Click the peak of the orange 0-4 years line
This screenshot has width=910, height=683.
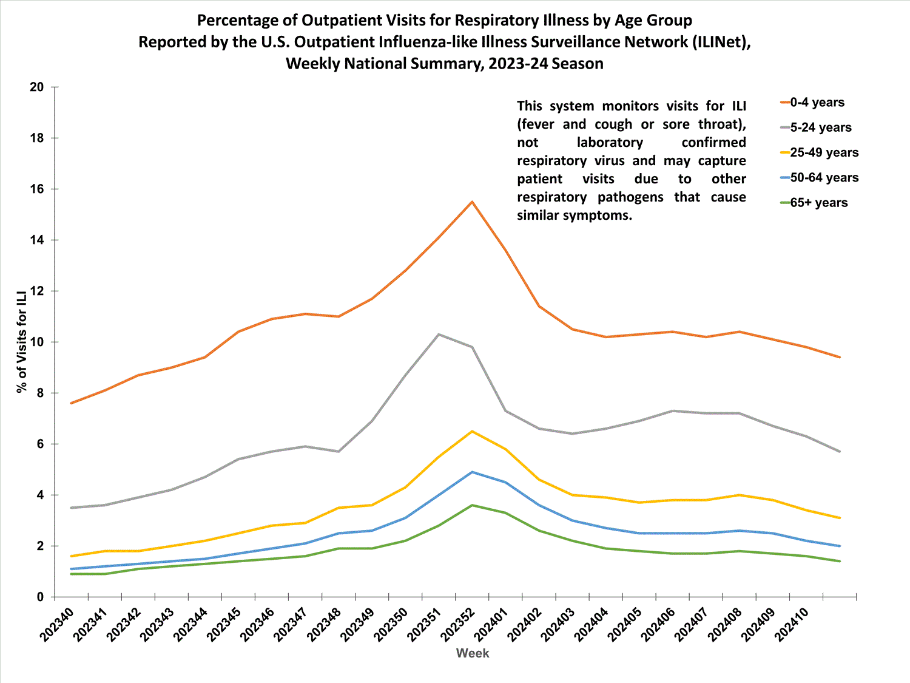[x=472, y=202]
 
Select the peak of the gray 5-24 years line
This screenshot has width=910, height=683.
[x=439, y=335]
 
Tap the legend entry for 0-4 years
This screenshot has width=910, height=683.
[x=817, y=103]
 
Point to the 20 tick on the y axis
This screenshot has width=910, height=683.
[x=37, y=87]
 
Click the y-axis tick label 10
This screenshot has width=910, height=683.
[x=37, y=342]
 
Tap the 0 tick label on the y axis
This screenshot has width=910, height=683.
[x=41, y=597]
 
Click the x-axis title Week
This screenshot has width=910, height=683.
[x=473, y=653]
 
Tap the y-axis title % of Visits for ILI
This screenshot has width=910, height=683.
[x=22, y=342]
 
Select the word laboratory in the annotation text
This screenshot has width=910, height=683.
[x=610, y=143]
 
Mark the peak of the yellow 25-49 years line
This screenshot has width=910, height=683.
[x=472, y=431]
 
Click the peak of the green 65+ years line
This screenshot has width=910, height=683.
[x=472, y=505]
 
